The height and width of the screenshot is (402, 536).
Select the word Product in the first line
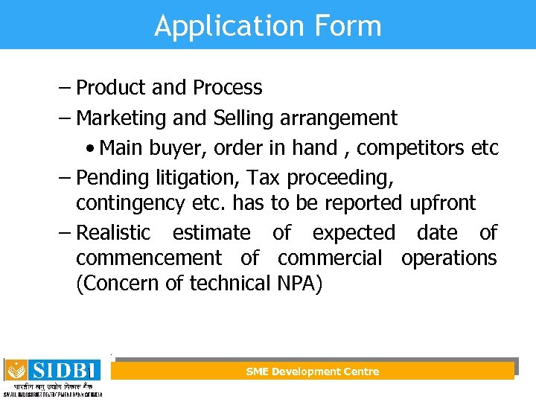(x=110, y=88)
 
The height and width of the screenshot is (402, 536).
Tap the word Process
(x=227, y=88)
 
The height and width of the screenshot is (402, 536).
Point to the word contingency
(x=127, y=203)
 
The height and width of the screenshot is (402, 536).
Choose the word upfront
(x=442, y=203)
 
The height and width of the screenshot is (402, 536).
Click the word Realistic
(x=113, y=233)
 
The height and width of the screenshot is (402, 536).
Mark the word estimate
(x=211, y=233)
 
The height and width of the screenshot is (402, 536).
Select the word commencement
(x=148, y=258)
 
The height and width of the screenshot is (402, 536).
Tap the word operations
(x=449, y=258)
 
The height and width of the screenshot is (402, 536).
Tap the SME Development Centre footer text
(x=313, y=371)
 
